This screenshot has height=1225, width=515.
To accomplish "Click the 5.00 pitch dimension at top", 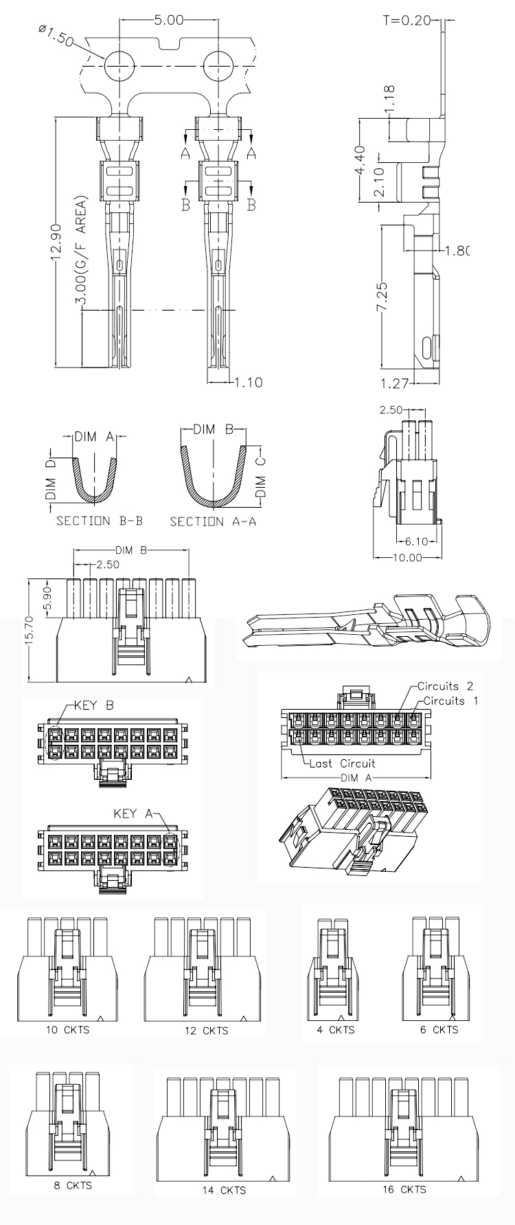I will [168, 20].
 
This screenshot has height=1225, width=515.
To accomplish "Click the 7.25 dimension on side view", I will [383, 294].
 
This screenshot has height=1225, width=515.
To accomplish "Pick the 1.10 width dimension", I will [248, 383].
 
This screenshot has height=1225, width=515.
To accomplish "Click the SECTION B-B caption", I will [99, 521].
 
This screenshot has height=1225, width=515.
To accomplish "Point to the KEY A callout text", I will [133, 814].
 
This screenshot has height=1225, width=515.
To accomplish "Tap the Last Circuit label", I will [342, 763].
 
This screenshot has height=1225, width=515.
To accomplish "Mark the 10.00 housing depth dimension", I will [407, 557].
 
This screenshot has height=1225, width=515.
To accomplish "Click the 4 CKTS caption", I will [336, 1029].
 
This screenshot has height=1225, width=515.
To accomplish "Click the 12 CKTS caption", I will [206, 1031].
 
